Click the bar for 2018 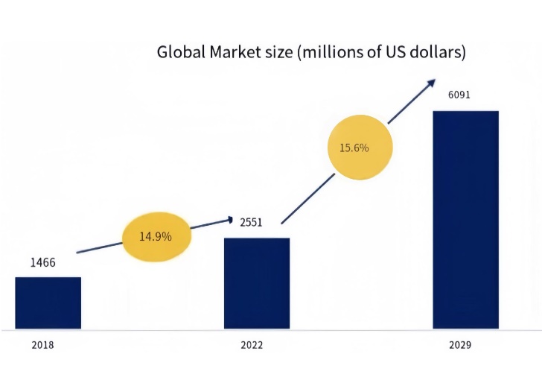[x=48, y=303]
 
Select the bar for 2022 [x=257, y=283]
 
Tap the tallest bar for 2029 [x=465, y=219]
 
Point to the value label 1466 [x=42, y=262]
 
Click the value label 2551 [x=251, y=222]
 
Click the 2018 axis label [x=42, y=346]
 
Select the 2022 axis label [x=252, y=346]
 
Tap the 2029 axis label [x=460, y=346]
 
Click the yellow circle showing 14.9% [x=156, y=236]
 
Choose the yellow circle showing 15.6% [x=354, y=148]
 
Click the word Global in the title [x=181, y=53]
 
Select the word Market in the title [x=237, y=53]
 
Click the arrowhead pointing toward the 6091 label [x=431, y=83]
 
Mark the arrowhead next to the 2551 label [x=230, y=219]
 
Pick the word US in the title [x=394, y=53]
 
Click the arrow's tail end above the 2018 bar [x=77, y=253]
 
